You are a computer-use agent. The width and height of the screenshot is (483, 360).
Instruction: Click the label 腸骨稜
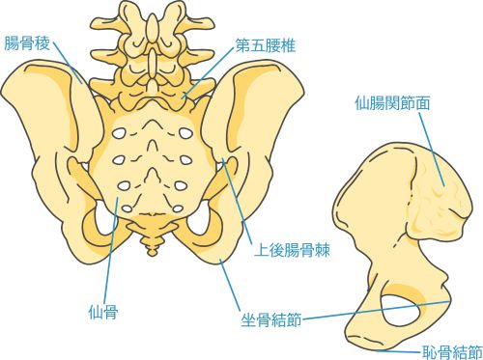(x=28, y=42)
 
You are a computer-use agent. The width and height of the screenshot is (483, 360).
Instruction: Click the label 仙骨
(x=102, y=311)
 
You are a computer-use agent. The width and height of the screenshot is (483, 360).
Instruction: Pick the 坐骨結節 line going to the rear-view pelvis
(x=232, y=280)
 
